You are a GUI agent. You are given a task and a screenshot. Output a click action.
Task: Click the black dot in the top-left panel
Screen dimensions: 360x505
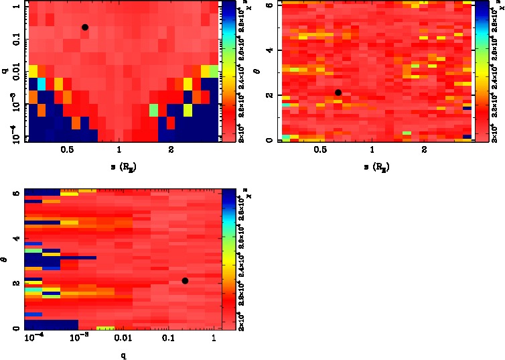coord(85,27)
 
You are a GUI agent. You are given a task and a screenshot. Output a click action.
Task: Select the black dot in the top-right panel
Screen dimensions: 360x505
coord(338,93)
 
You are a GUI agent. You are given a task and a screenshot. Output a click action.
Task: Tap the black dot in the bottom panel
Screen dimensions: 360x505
coord(185,280)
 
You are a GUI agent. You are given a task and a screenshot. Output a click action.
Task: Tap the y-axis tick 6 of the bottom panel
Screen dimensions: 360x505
coord(17,193)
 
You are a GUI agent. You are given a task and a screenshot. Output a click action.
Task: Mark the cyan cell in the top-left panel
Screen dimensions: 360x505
coord(42,84)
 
